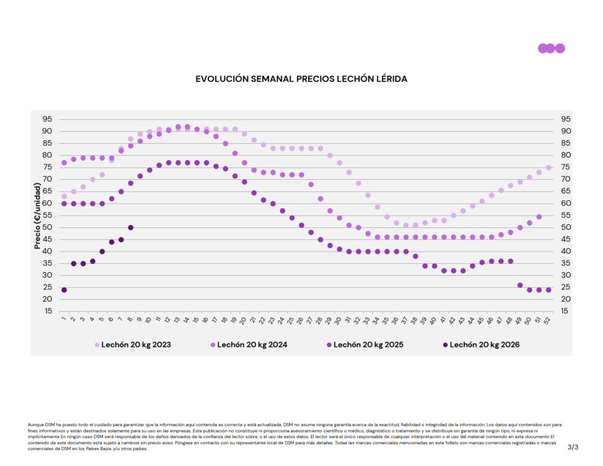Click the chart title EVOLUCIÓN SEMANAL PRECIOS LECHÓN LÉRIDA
pyautogui.click(x=301, y=78)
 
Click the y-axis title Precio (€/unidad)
pyautogui.click(x=37, y=216)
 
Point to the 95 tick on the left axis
pyautogui.click(x=47, y=119)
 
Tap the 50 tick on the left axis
pyautogui.click(x=47, y=227)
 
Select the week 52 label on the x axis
pyautogui.click(x=548, y=320)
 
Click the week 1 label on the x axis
pyautogui.click(x=64, y=320)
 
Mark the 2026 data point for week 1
pyautogui.click(x=64, y=290)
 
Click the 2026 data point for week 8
pyautogui.click(x=131, y=227)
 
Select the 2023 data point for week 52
pyautogui.click(x=548, y=167)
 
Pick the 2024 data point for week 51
pyautogui.click(x=539, y=217)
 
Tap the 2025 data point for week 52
pyautogui.click(x=548, y=290)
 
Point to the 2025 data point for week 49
pyautogui.click(x=520, y=285)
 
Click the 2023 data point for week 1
pyautogui.click(x=64, y=196)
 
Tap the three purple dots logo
pyautogui.click(x=551, y=48)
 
